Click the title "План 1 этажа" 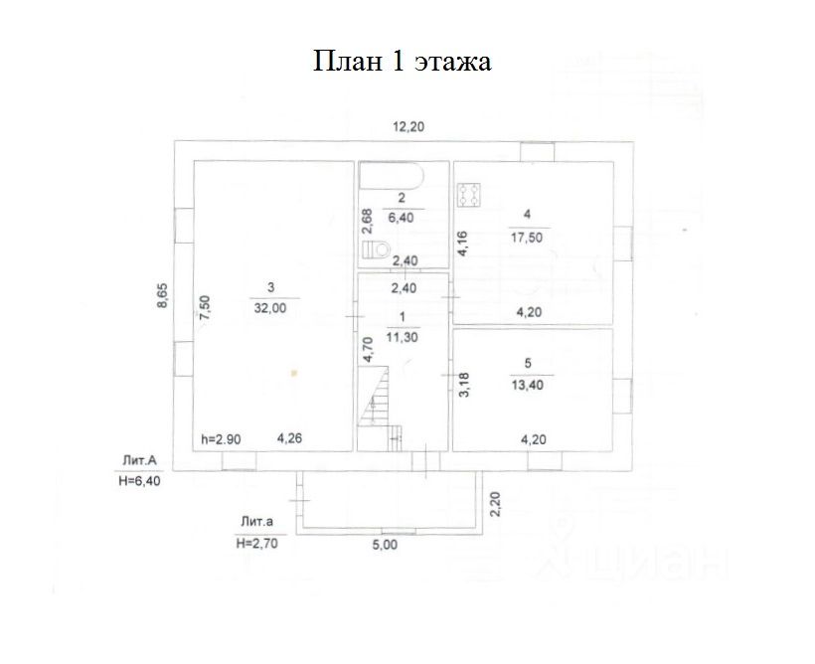point(404,62)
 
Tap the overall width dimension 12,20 point(408,126)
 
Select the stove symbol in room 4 point(470,194)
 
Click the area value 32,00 point(269,308)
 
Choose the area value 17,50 point(526,237)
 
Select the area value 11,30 point(403,337)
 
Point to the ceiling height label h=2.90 point(221,438)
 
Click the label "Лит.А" point(139,460)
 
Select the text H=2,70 point(255,544)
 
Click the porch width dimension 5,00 point(386,545)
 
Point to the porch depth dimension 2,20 point(495,505)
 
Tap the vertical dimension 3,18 point(463,384)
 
